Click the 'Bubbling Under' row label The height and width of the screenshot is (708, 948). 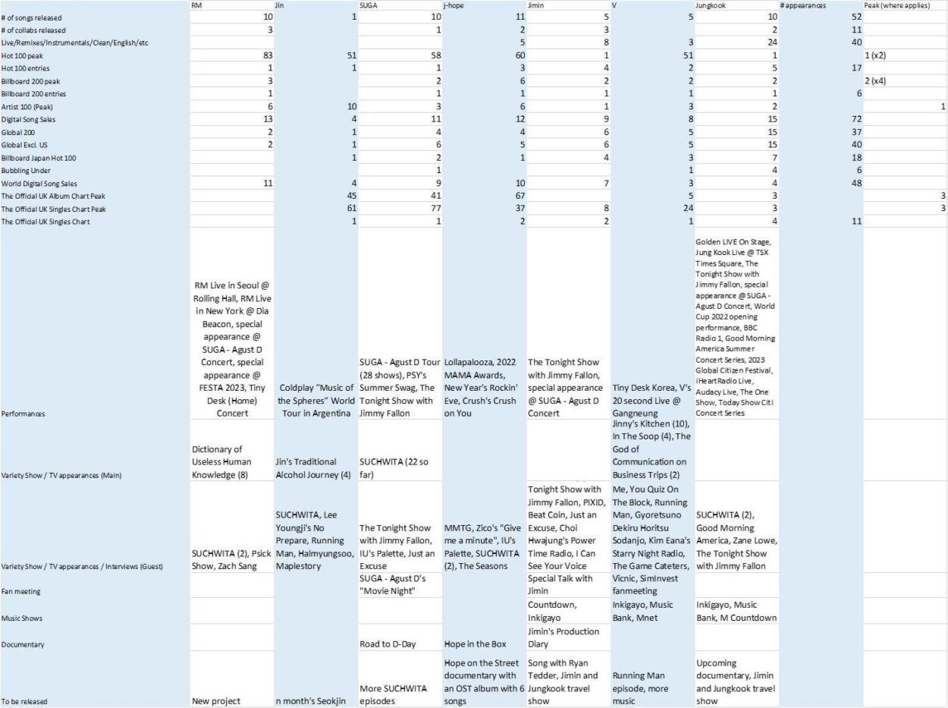coord(26,171)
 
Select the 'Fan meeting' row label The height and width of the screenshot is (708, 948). coord(22,590)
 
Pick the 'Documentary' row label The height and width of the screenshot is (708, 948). coord(24,644)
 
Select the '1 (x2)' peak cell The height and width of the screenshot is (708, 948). coord(877,55)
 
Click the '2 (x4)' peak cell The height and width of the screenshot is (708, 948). coord(877,80)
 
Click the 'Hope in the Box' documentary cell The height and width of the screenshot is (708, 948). coord(475,644)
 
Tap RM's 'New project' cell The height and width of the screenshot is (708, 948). coord(216,701)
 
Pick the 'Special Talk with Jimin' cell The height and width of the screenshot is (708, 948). coord(560,584)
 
